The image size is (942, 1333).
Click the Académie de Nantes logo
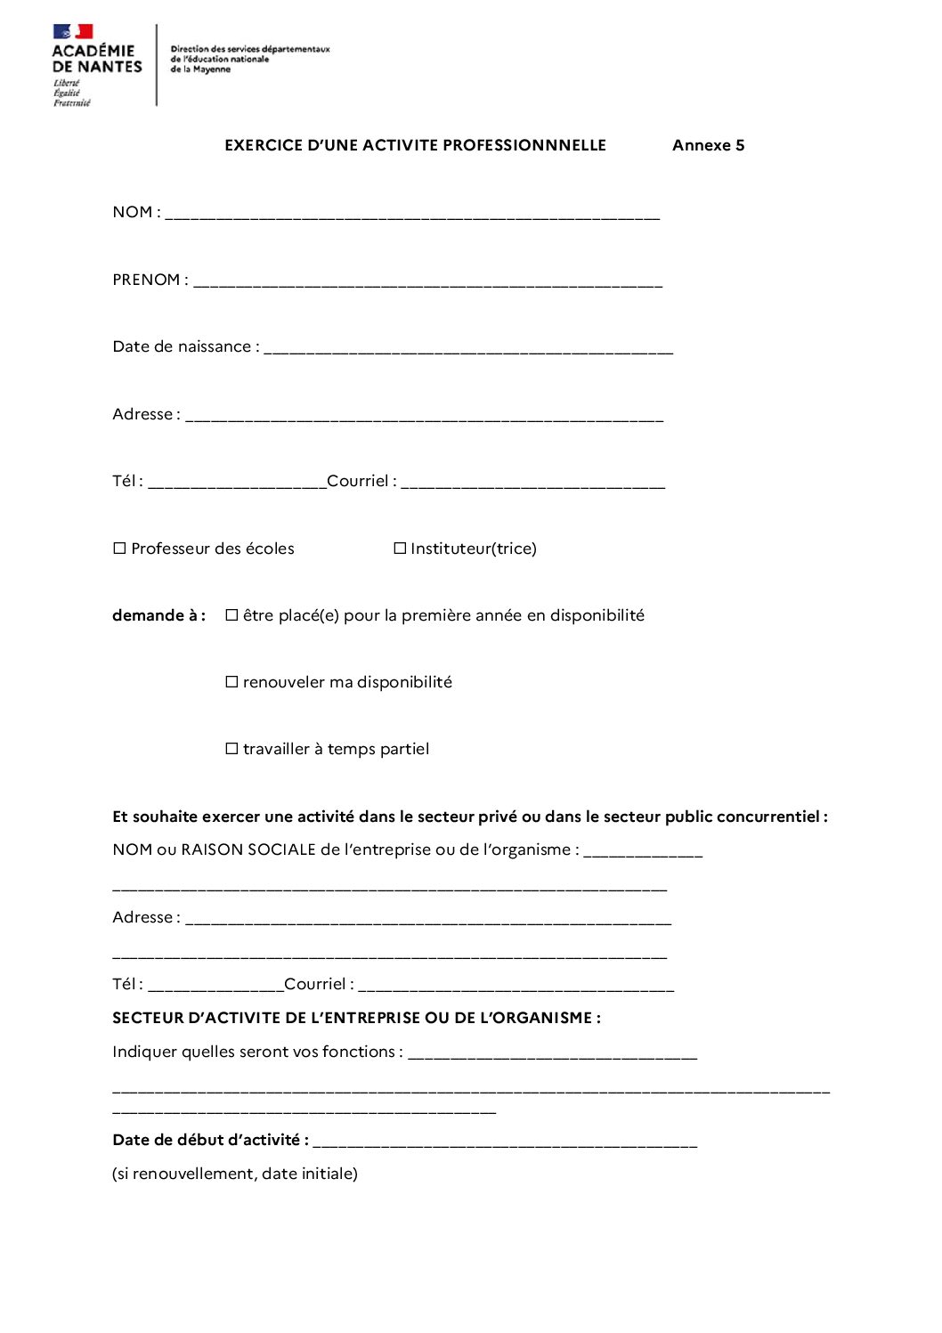[96, 65]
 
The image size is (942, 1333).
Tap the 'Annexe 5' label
[708, 145]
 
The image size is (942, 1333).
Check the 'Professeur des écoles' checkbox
[119, 549]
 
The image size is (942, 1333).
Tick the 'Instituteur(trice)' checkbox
[400, 549]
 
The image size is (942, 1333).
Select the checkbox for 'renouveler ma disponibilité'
[231, 682]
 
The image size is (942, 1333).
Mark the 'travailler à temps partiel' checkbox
[231, 749]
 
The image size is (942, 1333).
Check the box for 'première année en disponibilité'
[231, 615]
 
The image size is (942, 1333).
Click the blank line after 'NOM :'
[412, 214]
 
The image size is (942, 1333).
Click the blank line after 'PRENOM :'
[427, 281]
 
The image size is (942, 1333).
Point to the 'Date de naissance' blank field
[468, 348]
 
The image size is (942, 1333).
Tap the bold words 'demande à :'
[158, 615]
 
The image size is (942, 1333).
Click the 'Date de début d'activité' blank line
[505, 1142]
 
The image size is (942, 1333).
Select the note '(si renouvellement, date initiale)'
[235, 1174]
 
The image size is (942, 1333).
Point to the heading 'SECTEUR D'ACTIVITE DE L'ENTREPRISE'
[356, 1018]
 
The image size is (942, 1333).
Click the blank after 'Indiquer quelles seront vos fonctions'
[552, 1053]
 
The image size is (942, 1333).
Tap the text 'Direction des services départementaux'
[250, 49]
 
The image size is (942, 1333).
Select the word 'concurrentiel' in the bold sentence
[767, 817]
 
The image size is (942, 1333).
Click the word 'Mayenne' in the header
[212, 69]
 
